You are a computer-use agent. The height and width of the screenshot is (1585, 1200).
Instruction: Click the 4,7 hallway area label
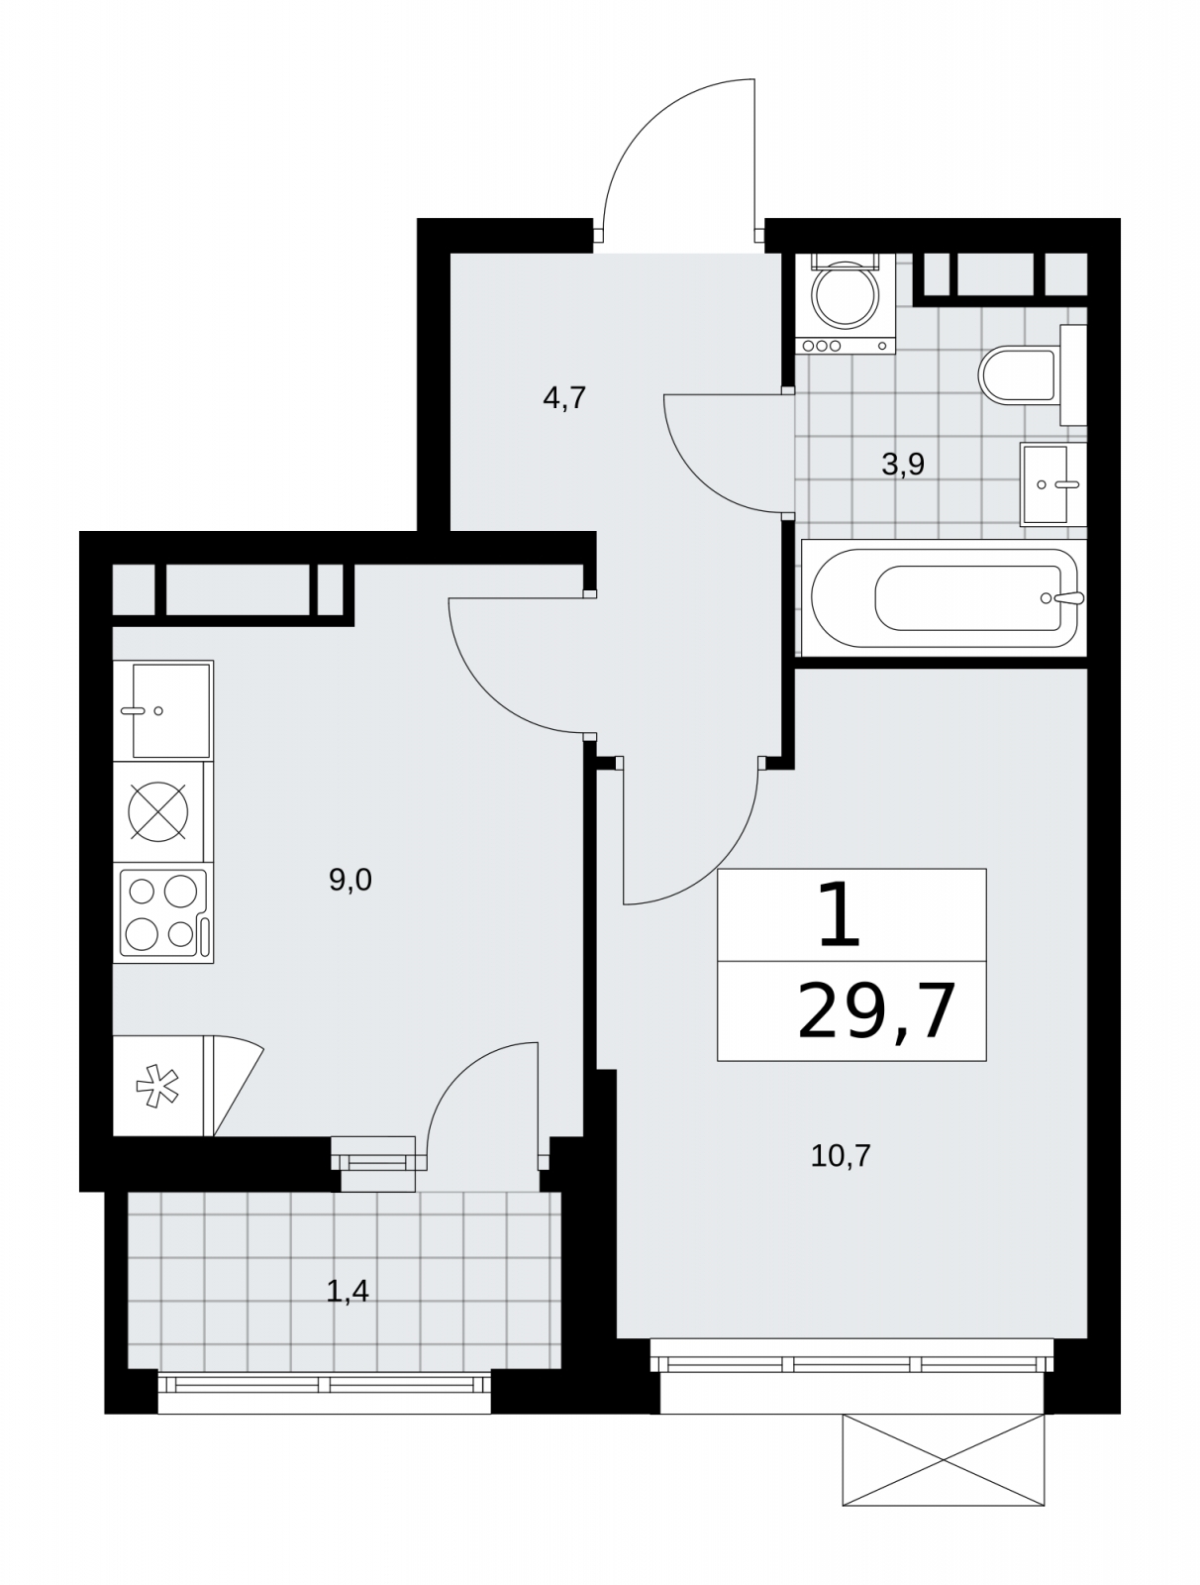(x=563, y=397)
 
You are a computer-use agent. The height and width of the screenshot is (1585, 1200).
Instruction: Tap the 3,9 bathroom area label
(x=902, y=464)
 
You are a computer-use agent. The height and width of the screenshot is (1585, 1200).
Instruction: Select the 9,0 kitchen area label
(x=350, y=880)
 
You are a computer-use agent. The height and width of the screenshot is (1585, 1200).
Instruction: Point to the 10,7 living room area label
(x=840, y=1155)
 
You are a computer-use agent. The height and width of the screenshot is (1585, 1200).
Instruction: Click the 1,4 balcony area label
(x=348, y=1291)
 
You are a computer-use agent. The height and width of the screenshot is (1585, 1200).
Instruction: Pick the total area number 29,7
(x=876, y=1011)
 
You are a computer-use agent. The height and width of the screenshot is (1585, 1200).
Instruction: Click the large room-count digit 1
(x=839, y=915)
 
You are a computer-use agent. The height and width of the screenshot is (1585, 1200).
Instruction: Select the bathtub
(x=944, y=598)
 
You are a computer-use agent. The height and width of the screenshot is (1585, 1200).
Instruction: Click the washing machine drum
(x=845, y=295)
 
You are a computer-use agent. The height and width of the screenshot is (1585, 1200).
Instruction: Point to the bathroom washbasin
(x=1052, y=483)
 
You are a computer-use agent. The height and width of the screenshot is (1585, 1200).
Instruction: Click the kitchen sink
(x=163, y=710)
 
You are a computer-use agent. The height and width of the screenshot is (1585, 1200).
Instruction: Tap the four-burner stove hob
(x=163, y=912)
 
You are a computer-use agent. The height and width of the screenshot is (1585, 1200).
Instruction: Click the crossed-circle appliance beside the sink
(x=158, y=811)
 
